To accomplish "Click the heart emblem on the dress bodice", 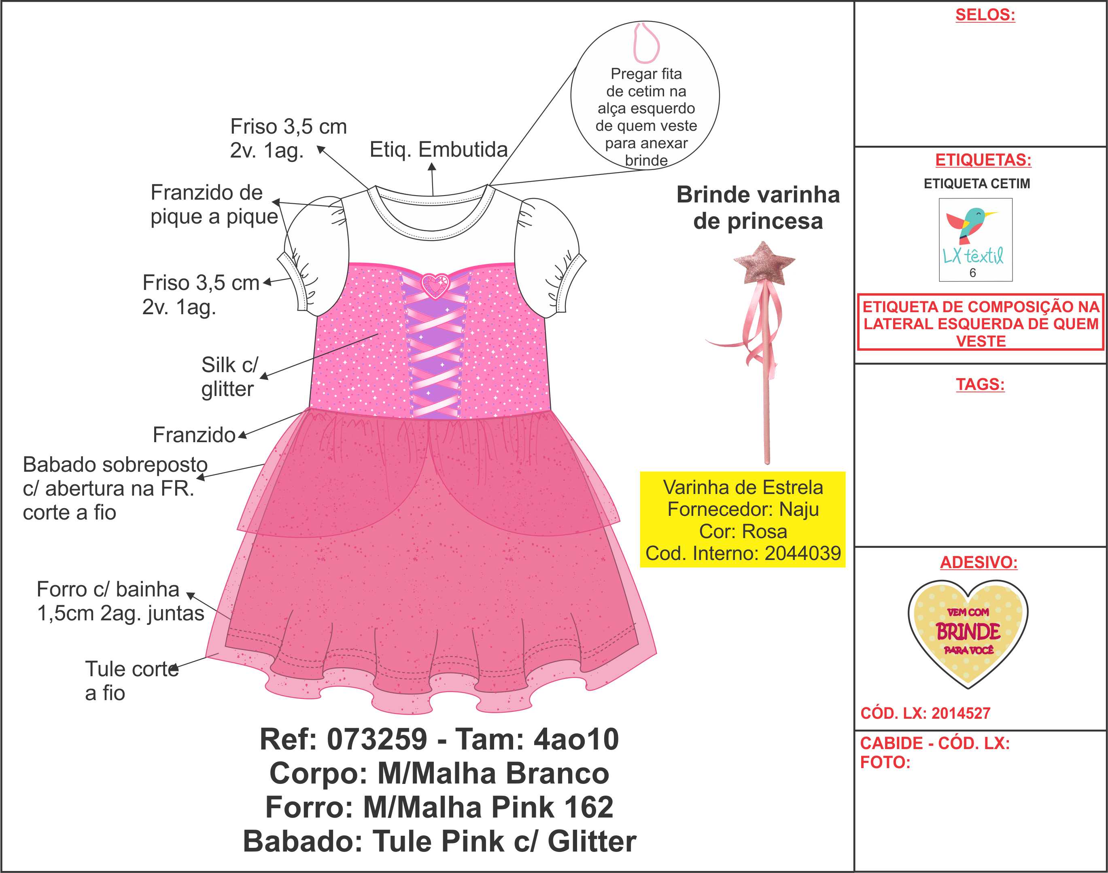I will click(435, 286).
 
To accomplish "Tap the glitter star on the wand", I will click(764, 264).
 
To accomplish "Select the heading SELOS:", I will click(985, 15).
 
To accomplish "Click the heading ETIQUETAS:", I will click(983, 160).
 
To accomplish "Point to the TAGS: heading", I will click(980, 384).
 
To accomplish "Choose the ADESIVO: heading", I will click(978, 562).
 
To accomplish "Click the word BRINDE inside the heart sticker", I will click(968, 632).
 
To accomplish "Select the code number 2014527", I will click(960, 713).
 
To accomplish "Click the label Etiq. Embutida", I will click(438, 150).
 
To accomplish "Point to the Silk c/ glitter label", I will click(228, 377).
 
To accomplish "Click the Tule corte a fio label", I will click(131, 680).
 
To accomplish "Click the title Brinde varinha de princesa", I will click(758, 207).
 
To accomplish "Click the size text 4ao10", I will click(576, 739).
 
